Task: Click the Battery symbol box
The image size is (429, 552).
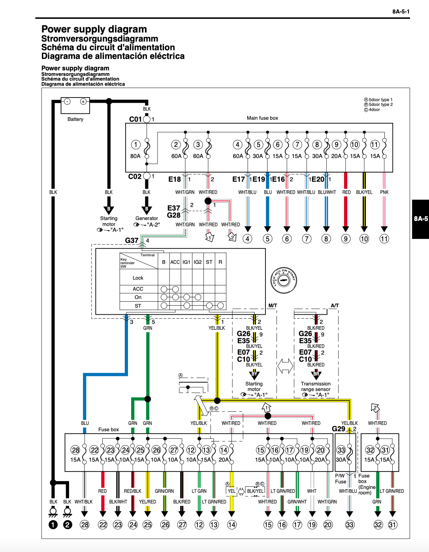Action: (75, 105)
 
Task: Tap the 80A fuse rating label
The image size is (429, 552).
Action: (135, 156)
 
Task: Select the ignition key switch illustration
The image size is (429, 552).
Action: (283, 280)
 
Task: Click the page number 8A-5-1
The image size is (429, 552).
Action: (401, 11)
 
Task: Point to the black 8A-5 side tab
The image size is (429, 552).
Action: (421, 219)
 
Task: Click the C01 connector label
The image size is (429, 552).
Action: (135, 119)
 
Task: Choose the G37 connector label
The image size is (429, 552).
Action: (132, 240)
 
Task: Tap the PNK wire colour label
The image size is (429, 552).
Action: (384, 192)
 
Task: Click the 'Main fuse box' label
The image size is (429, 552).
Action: (262, 118)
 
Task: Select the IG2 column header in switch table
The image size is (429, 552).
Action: (198, 262)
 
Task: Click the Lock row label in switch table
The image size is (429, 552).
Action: (138, 278)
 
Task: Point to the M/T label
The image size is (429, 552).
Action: (273, 305)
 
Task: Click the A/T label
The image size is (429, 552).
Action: (335, 305)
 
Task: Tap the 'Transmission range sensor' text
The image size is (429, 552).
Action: (316, 387)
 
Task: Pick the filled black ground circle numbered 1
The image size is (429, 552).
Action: (53, 525)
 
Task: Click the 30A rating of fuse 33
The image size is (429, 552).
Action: (341, 460)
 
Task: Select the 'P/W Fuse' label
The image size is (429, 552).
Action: (340, 479)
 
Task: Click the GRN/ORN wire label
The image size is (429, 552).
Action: (164, 491)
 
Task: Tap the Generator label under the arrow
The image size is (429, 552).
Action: (147, 218)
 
